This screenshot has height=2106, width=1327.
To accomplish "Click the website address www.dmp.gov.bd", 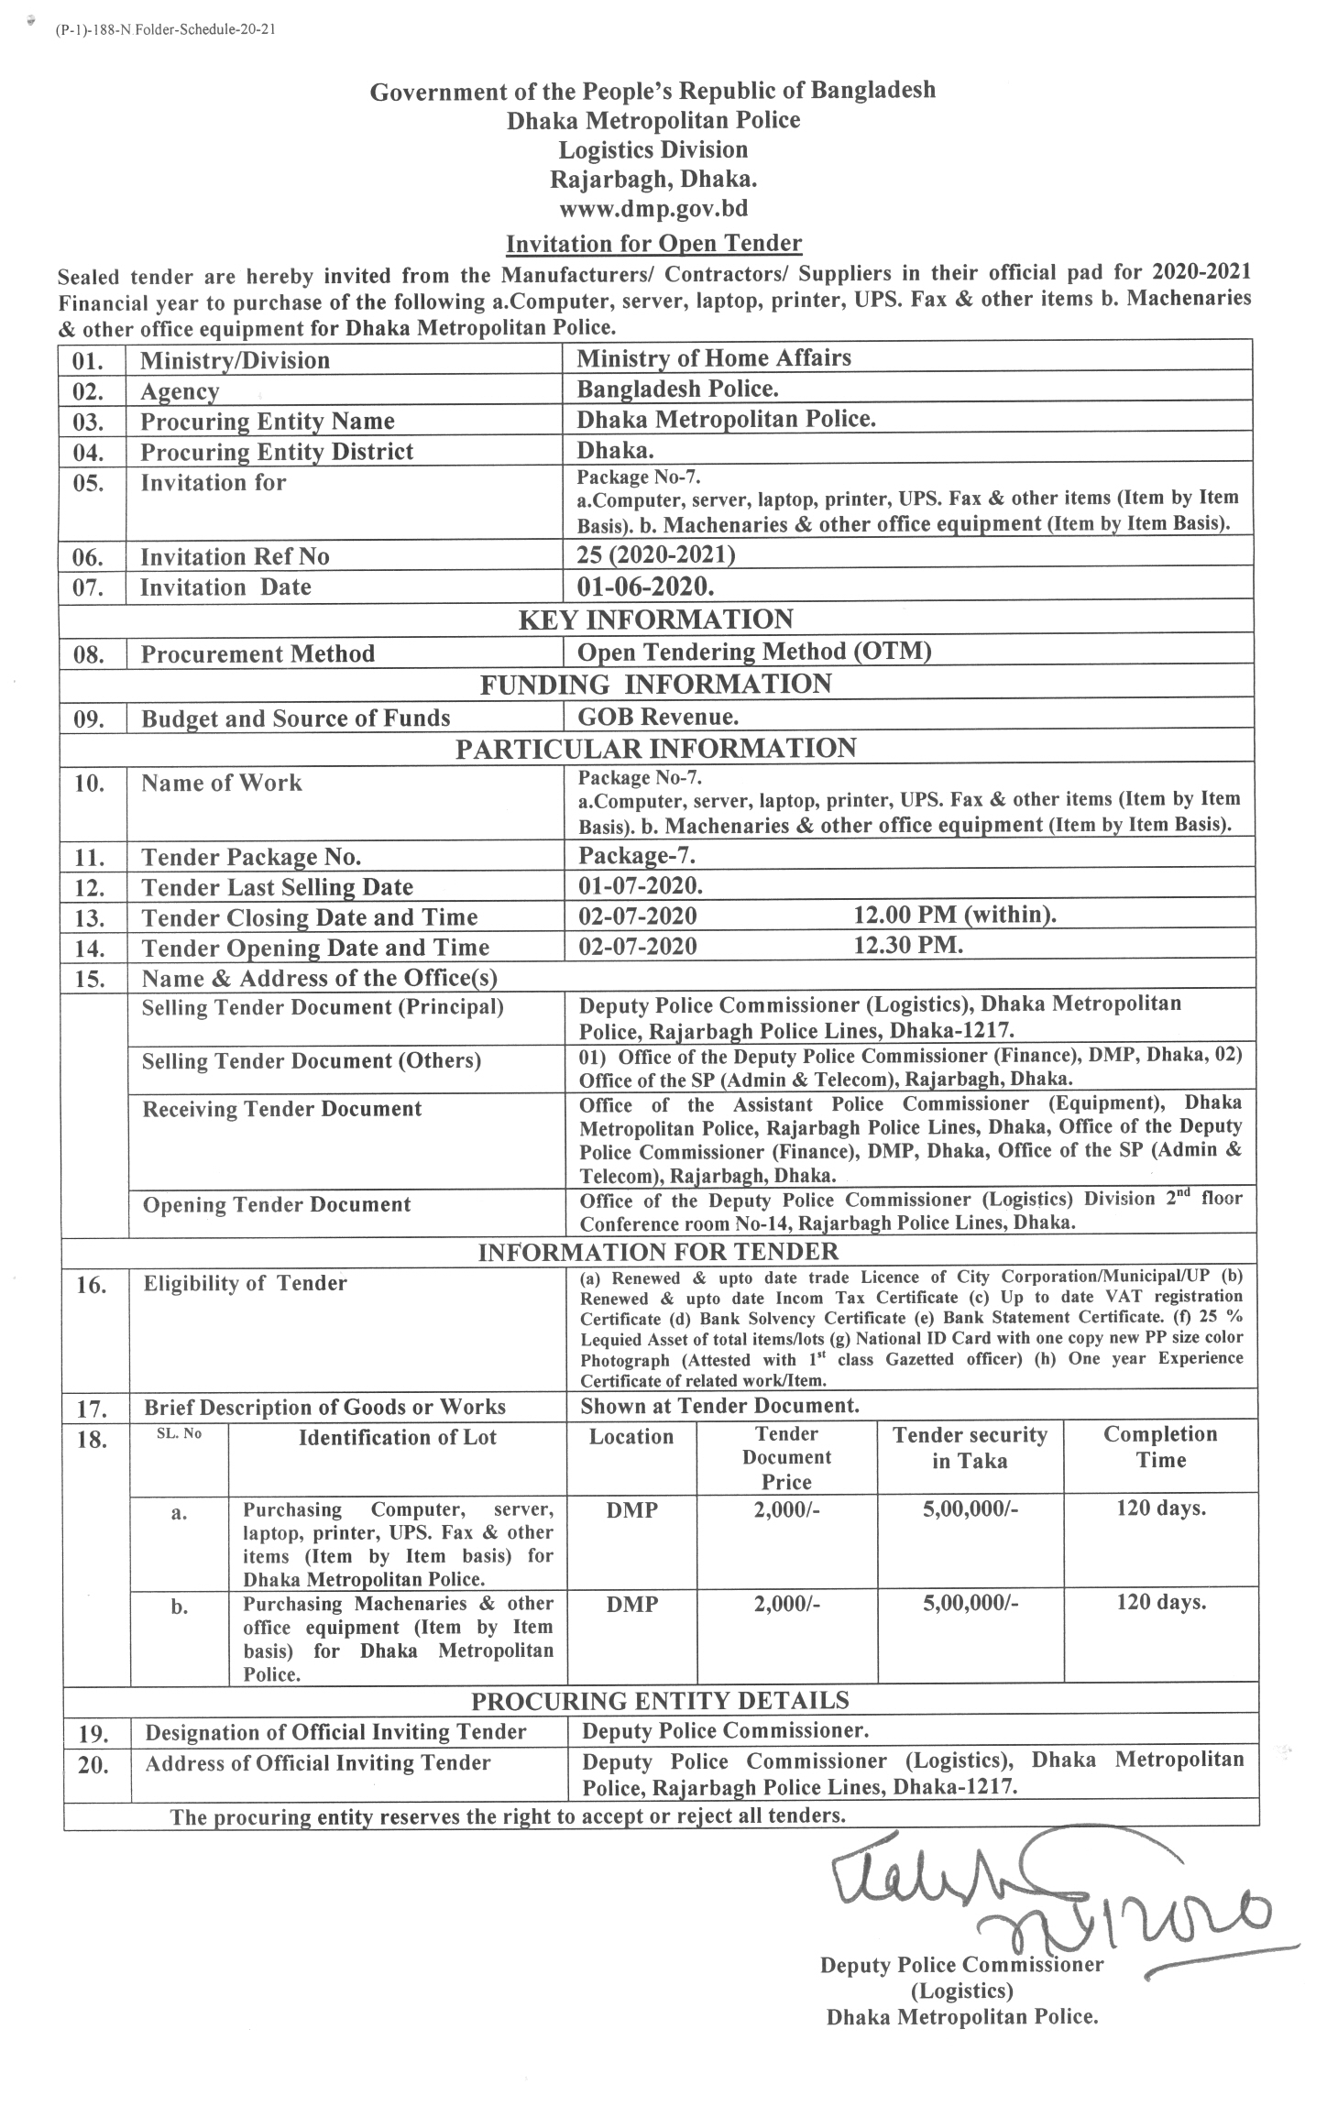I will coord(653,209).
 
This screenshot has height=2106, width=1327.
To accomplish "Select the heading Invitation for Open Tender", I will coord(653,244).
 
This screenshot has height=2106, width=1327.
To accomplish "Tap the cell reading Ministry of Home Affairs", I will coord(713,357).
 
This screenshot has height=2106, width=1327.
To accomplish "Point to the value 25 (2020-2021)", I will coord(655,555).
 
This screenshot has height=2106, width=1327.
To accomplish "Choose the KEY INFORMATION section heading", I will coord(655,620).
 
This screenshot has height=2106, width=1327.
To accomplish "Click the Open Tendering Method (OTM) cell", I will coord(754,652).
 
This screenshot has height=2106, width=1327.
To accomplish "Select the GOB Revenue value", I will coord(658,717).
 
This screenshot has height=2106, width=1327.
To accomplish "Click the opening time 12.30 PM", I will coord(908,946).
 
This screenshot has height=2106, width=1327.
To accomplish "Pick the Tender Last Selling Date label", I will coord(277,887).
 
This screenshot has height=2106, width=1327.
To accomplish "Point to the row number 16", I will coord(92,1286).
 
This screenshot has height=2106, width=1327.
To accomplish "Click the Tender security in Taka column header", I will coord(970,1448).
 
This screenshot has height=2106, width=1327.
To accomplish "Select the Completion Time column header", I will coord(1160,1448).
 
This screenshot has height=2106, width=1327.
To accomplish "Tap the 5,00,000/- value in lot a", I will coord(970,1509).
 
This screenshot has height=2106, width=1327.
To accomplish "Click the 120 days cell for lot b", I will coord(1160,1603).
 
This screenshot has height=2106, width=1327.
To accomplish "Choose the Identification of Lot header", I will coord(397,1437).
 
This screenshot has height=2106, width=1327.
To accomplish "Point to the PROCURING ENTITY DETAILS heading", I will coord(660,1701).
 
